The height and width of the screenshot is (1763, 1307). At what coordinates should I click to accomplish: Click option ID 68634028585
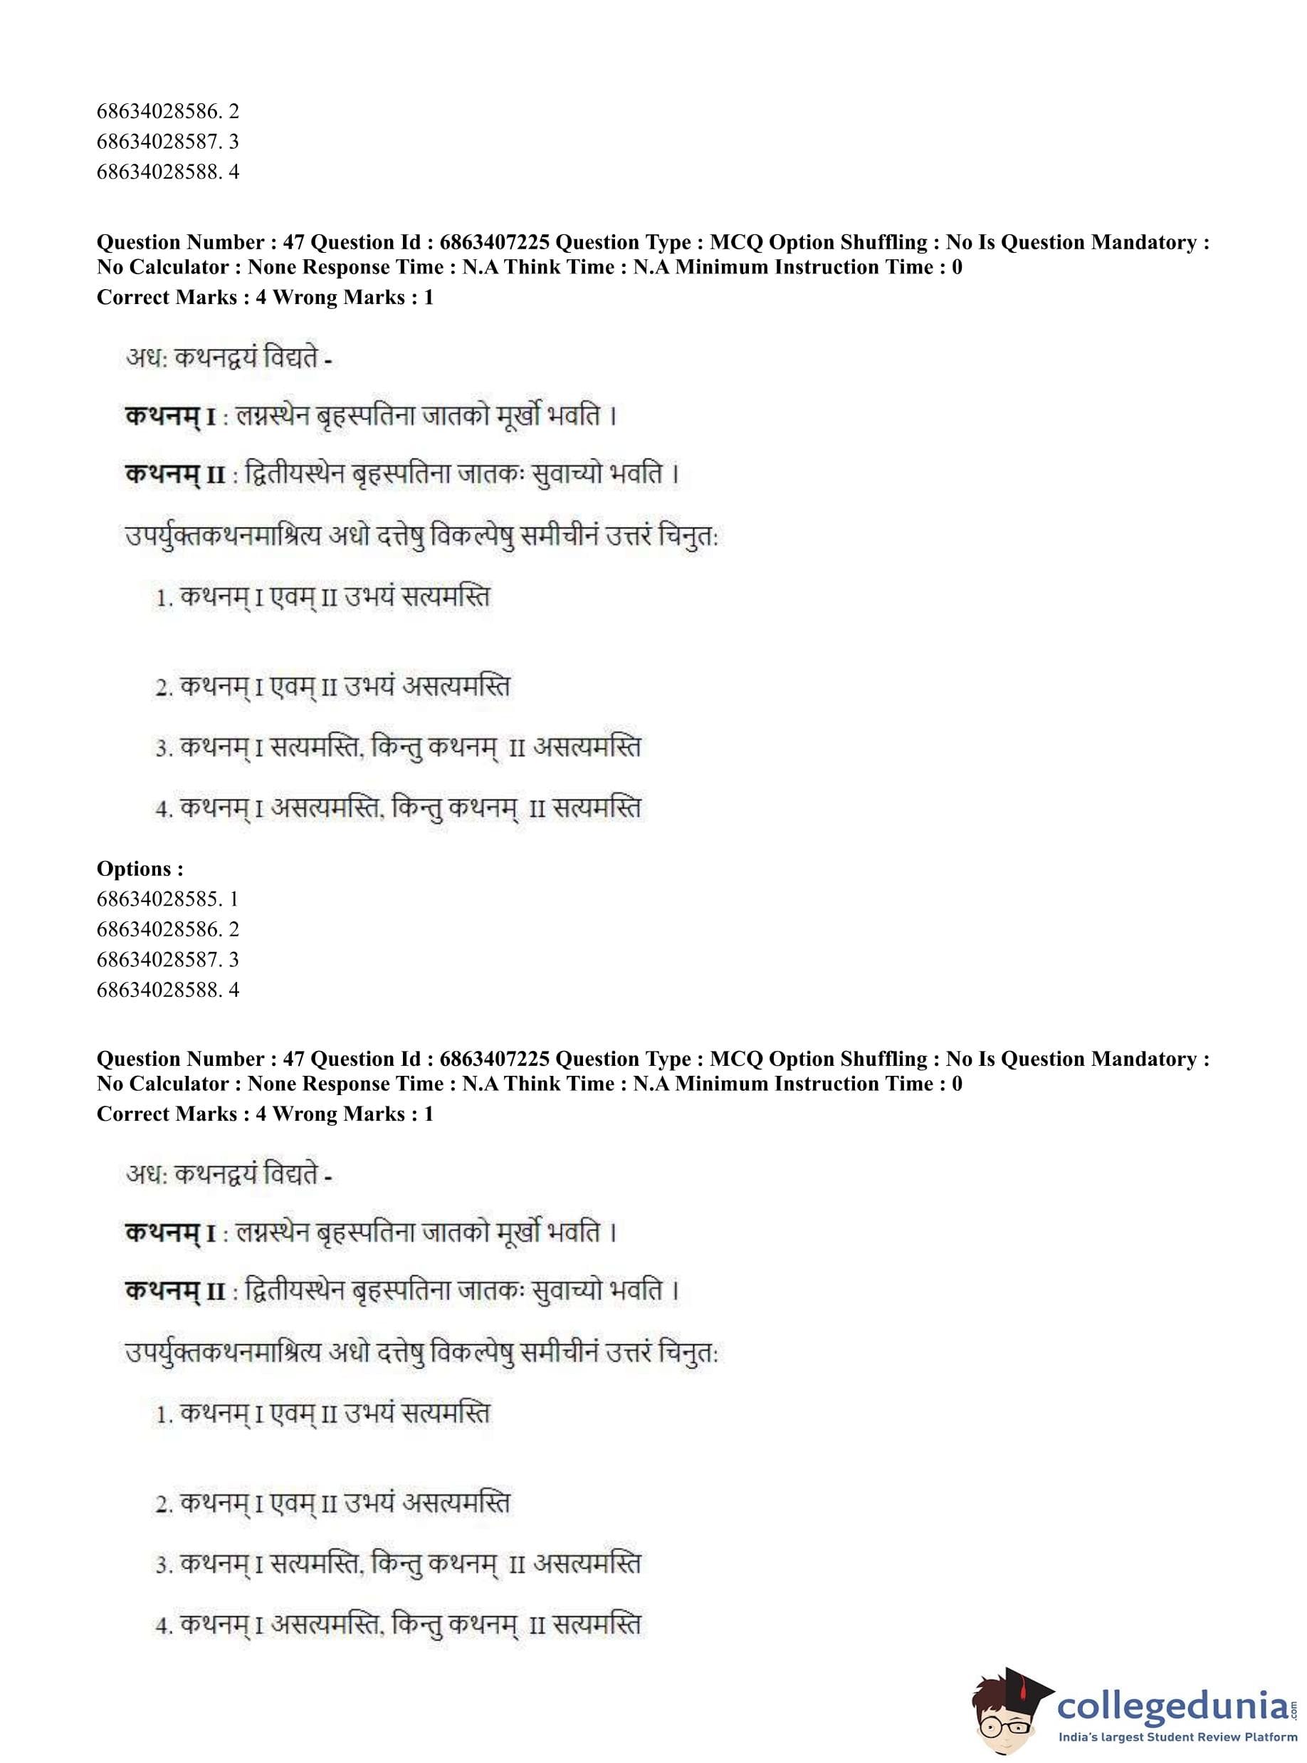[167, 899]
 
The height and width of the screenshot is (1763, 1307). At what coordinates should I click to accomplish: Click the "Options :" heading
[140, 869]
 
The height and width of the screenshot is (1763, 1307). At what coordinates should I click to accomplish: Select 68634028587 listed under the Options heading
[167, 959]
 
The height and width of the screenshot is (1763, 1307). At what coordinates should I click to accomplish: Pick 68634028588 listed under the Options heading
[167, 989]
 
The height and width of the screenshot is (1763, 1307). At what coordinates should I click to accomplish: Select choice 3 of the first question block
[398, 747]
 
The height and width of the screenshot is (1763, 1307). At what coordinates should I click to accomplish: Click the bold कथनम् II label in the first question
[175, 475]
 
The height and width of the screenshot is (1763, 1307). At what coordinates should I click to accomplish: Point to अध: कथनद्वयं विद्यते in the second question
[228, 1176]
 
